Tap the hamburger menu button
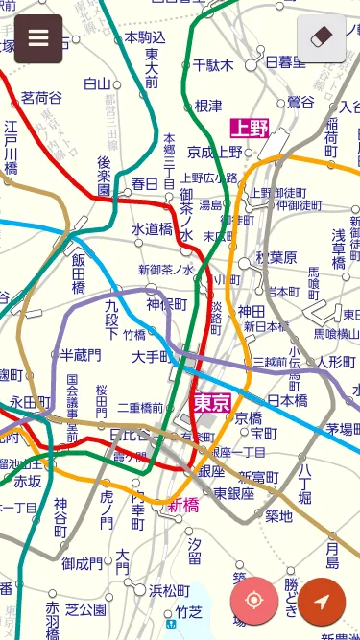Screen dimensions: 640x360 [x=38, y=38]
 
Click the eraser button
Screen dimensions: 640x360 [x=321, y=38]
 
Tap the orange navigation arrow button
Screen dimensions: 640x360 [x=322, y=601]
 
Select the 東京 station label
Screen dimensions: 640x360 [x=211, y=402]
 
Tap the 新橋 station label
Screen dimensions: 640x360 [x=183, y=505]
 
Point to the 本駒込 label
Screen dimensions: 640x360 [x=145, y=37]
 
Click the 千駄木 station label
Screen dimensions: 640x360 [x=213, y=65]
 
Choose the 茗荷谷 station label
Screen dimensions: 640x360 [x=41, y=98]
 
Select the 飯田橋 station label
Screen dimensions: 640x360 [x=79, y=273]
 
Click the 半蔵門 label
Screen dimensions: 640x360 [x=81, y=355]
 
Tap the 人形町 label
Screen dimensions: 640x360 [x=336, y=362]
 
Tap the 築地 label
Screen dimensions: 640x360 [x=278, y=516]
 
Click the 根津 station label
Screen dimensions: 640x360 [x=208, y=106]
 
